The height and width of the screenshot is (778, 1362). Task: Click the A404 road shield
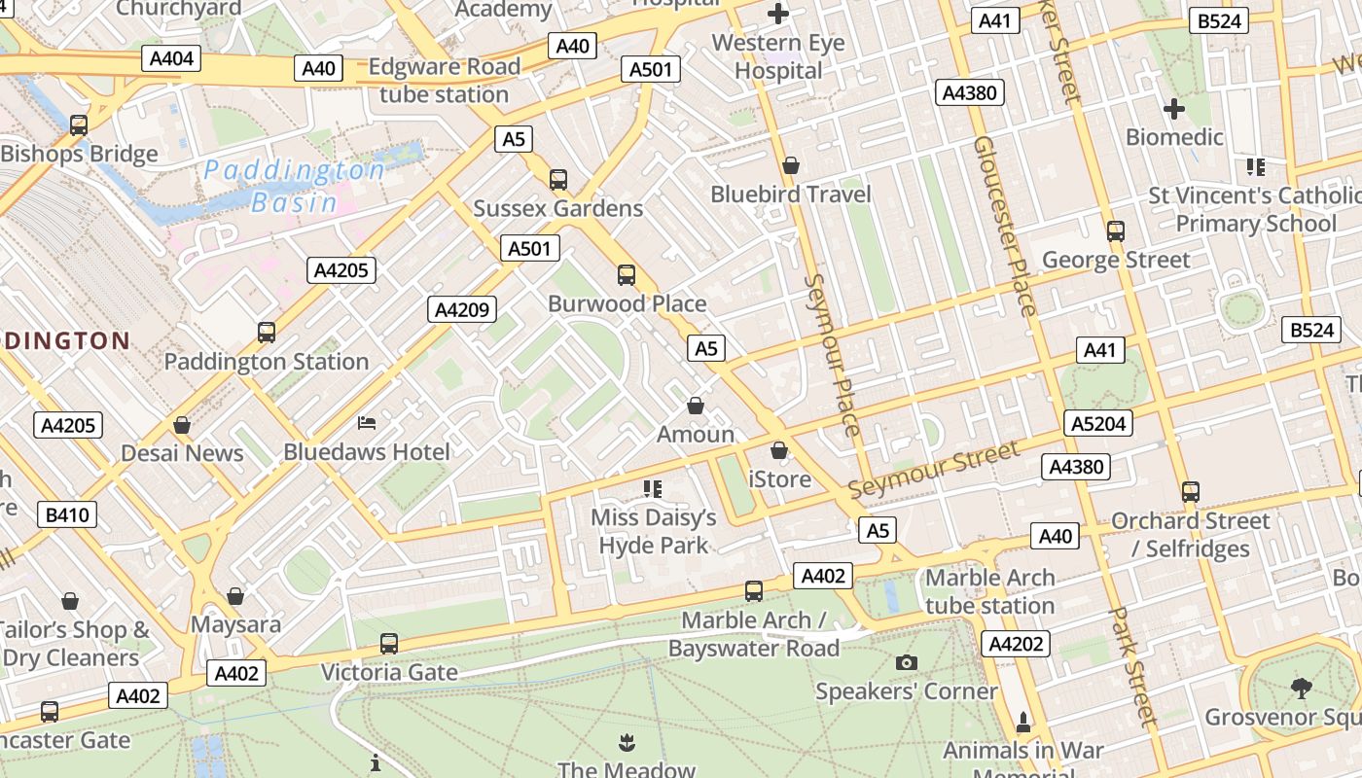point(172,58)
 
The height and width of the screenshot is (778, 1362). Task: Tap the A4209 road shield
point(463,310)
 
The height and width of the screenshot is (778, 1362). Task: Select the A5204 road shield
point(1099,423)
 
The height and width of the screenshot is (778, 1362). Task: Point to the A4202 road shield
point(1017,643)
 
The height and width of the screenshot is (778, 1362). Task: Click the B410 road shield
point(67,514)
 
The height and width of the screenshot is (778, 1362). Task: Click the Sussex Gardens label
point(557,208)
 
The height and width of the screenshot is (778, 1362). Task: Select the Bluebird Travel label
point(790,194)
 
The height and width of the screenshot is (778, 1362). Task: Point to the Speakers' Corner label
point(906,691)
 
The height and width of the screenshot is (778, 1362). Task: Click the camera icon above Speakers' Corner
point(906,662)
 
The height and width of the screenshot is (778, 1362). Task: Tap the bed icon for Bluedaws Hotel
point(367,423)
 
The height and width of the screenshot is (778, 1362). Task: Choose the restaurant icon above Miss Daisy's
point(653,488)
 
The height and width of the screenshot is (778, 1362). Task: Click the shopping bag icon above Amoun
point(696,405)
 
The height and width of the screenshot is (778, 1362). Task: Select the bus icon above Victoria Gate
point(389,643)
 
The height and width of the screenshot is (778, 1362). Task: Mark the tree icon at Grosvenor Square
point(1302,689)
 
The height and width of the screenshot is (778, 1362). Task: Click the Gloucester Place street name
point(1005,226)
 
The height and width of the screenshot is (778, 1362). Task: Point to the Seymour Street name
point(935,468)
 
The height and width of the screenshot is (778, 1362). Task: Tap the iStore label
point(779,478)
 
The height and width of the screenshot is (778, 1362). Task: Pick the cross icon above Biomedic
point(1174,109)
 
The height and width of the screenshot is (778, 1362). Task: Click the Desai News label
point(182,453)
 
